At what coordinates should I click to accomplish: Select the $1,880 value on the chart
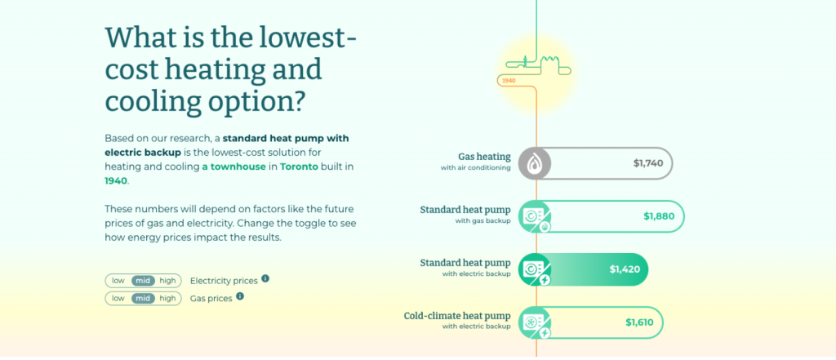point(659,216)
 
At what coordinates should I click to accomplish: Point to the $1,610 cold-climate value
point(639,322)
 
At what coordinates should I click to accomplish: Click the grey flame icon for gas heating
point(535,163)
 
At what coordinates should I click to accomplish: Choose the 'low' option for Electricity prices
point(118,281)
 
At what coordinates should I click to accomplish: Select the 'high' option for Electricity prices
point(167,281)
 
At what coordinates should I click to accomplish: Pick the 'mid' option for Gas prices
point(144,299)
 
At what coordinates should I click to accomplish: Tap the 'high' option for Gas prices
point(167,299)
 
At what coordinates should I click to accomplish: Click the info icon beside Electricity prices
point(265,279)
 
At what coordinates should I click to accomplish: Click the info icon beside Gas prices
point(239,297)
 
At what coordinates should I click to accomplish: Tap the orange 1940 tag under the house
point(509,81)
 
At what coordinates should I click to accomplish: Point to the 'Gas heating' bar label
point(484,156)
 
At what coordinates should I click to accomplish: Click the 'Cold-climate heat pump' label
point(457,316)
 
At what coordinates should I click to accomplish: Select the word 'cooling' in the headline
point(149,101)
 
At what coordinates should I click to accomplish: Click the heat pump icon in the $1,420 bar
point(536,269)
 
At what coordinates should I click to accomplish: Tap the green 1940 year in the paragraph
point(116,180)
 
